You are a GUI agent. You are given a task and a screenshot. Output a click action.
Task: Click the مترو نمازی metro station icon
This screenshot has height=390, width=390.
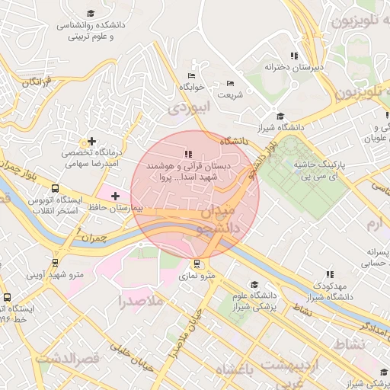tap(198, 264)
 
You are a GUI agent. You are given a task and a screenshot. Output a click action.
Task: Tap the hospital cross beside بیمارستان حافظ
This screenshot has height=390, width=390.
tap(114, 197)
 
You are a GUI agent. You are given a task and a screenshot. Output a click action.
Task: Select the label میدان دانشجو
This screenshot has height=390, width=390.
tap(214, 217)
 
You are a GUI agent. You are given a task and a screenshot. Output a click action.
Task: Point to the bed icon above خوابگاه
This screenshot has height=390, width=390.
tap(191, 76)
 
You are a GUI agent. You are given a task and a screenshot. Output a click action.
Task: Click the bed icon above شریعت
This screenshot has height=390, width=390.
tap(231, 84)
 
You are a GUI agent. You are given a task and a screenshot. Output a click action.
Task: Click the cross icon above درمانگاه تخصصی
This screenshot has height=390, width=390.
tap(92, 141)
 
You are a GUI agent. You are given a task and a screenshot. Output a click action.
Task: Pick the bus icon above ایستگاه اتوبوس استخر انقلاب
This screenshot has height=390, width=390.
tap(54, 188)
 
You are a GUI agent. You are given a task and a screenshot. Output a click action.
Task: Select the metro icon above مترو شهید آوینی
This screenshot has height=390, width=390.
tap(54, 263)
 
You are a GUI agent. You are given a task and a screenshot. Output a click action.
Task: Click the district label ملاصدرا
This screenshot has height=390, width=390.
tap(142, 302)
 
